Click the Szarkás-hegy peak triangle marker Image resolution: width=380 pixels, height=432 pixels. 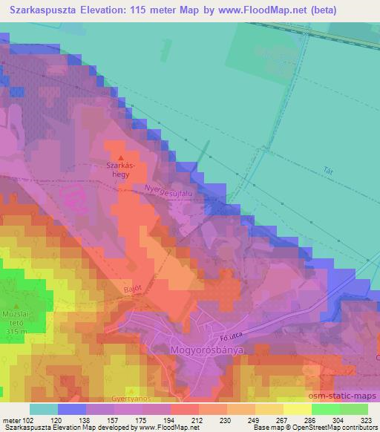(x=119, y=157)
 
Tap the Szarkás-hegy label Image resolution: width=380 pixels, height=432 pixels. (x=119, y=171)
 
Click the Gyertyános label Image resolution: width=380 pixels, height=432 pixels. (x=132, y=398)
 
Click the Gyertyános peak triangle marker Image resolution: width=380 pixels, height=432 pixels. (x=132, y=390)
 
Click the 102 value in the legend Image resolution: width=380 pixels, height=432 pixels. (x=29, y=419)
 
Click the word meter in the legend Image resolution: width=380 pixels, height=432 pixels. (x=11, y=419)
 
